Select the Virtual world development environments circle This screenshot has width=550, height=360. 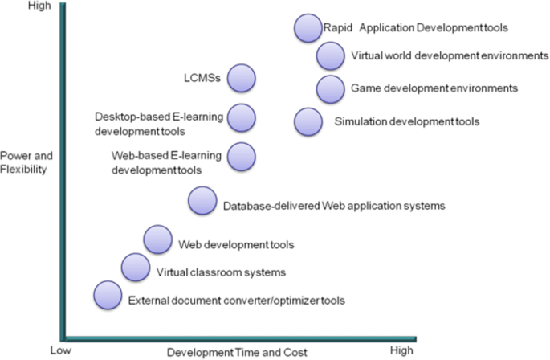point(330,56)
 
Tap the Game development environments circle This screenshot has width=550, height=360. point(330,88)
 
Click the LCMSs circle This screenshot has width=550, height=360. point(241,79)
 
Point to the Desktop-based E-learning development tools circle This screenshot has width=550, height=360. point(241,117)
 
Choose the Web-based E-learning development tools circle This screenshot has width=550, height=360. point(241,155)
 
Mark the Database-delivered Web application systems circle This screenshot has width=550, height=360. point(202,201)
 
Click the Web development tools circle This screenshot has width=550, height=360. point(157,239)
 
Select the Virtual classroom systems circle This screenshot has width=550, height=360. point(135,266)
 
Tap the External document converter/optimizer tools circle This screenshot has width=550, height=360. point(108,295)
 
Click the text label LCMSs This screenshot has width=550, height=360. point(200,79)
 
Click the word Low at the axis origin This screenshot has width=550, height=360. point(60,351)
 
